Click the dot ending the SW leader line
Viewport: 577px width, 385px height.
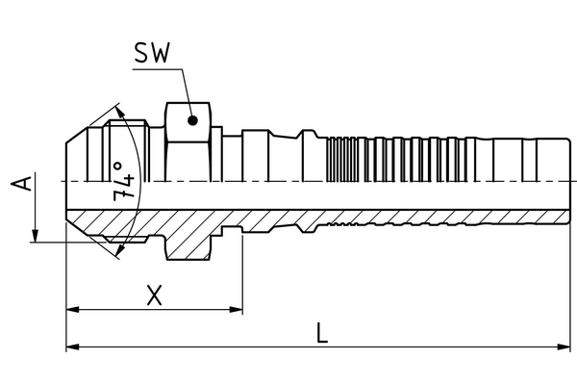click(x=193, y=120)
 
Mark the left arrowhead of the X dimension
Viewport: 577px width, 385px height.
click(x=72, y=309)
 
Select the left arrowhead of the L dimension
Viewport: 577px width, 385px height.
click(x=72, y=346)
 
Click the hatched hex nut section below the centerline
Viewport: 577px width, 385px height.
click(x=188, y=241)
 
